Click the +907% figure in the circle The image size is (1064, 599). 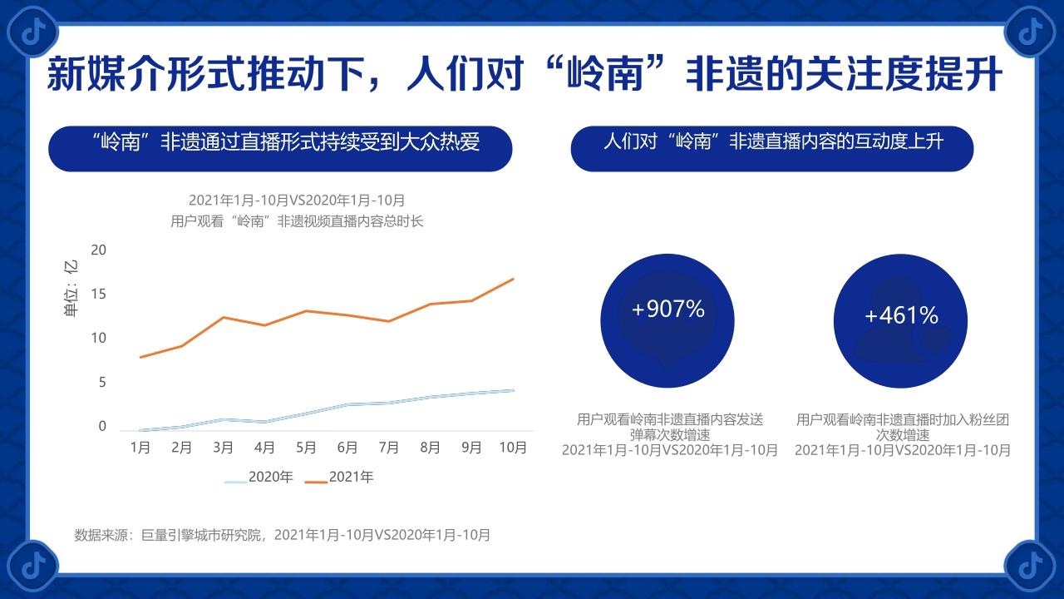(x=667, y=309)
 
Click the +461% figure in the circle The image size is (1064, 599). (x=901, y=316)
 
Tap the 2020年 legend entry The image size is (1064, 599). (x=259, y=478)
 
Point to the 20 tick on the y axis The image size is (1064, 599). (x=99, y=250)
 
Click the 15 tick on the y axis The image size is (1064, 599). (x=99, y=294)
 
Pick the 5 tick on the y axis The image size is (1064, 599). (x=102, y=383)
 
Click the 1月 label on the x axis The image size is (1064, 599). (x=140, y=448)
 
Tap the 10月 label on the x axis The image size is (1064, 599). (x=513, y=448)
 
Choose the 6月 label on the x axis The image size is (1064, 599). (x=347, y=448)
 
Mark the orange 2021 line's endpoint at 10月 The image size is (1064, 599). (x=514, y=279)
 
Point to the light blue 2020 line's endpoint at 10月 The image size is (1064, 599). (x=514, y=390)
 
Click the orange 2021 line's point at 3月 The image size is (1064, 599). (x=223, y=317)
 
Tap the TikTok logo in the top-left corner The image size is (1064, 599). (x=31, y=31)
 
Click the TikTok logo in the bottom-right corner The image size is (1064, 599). (x=1030, y=565)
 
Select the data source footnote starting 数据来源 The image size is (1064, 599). (x=282, y=535)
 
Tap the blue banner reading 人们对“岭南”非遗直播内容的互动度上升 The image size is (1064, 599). (x=772, y=141)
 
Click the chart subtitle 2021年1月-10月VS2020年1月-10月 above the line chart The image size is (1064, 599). (x=297, y=200)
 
